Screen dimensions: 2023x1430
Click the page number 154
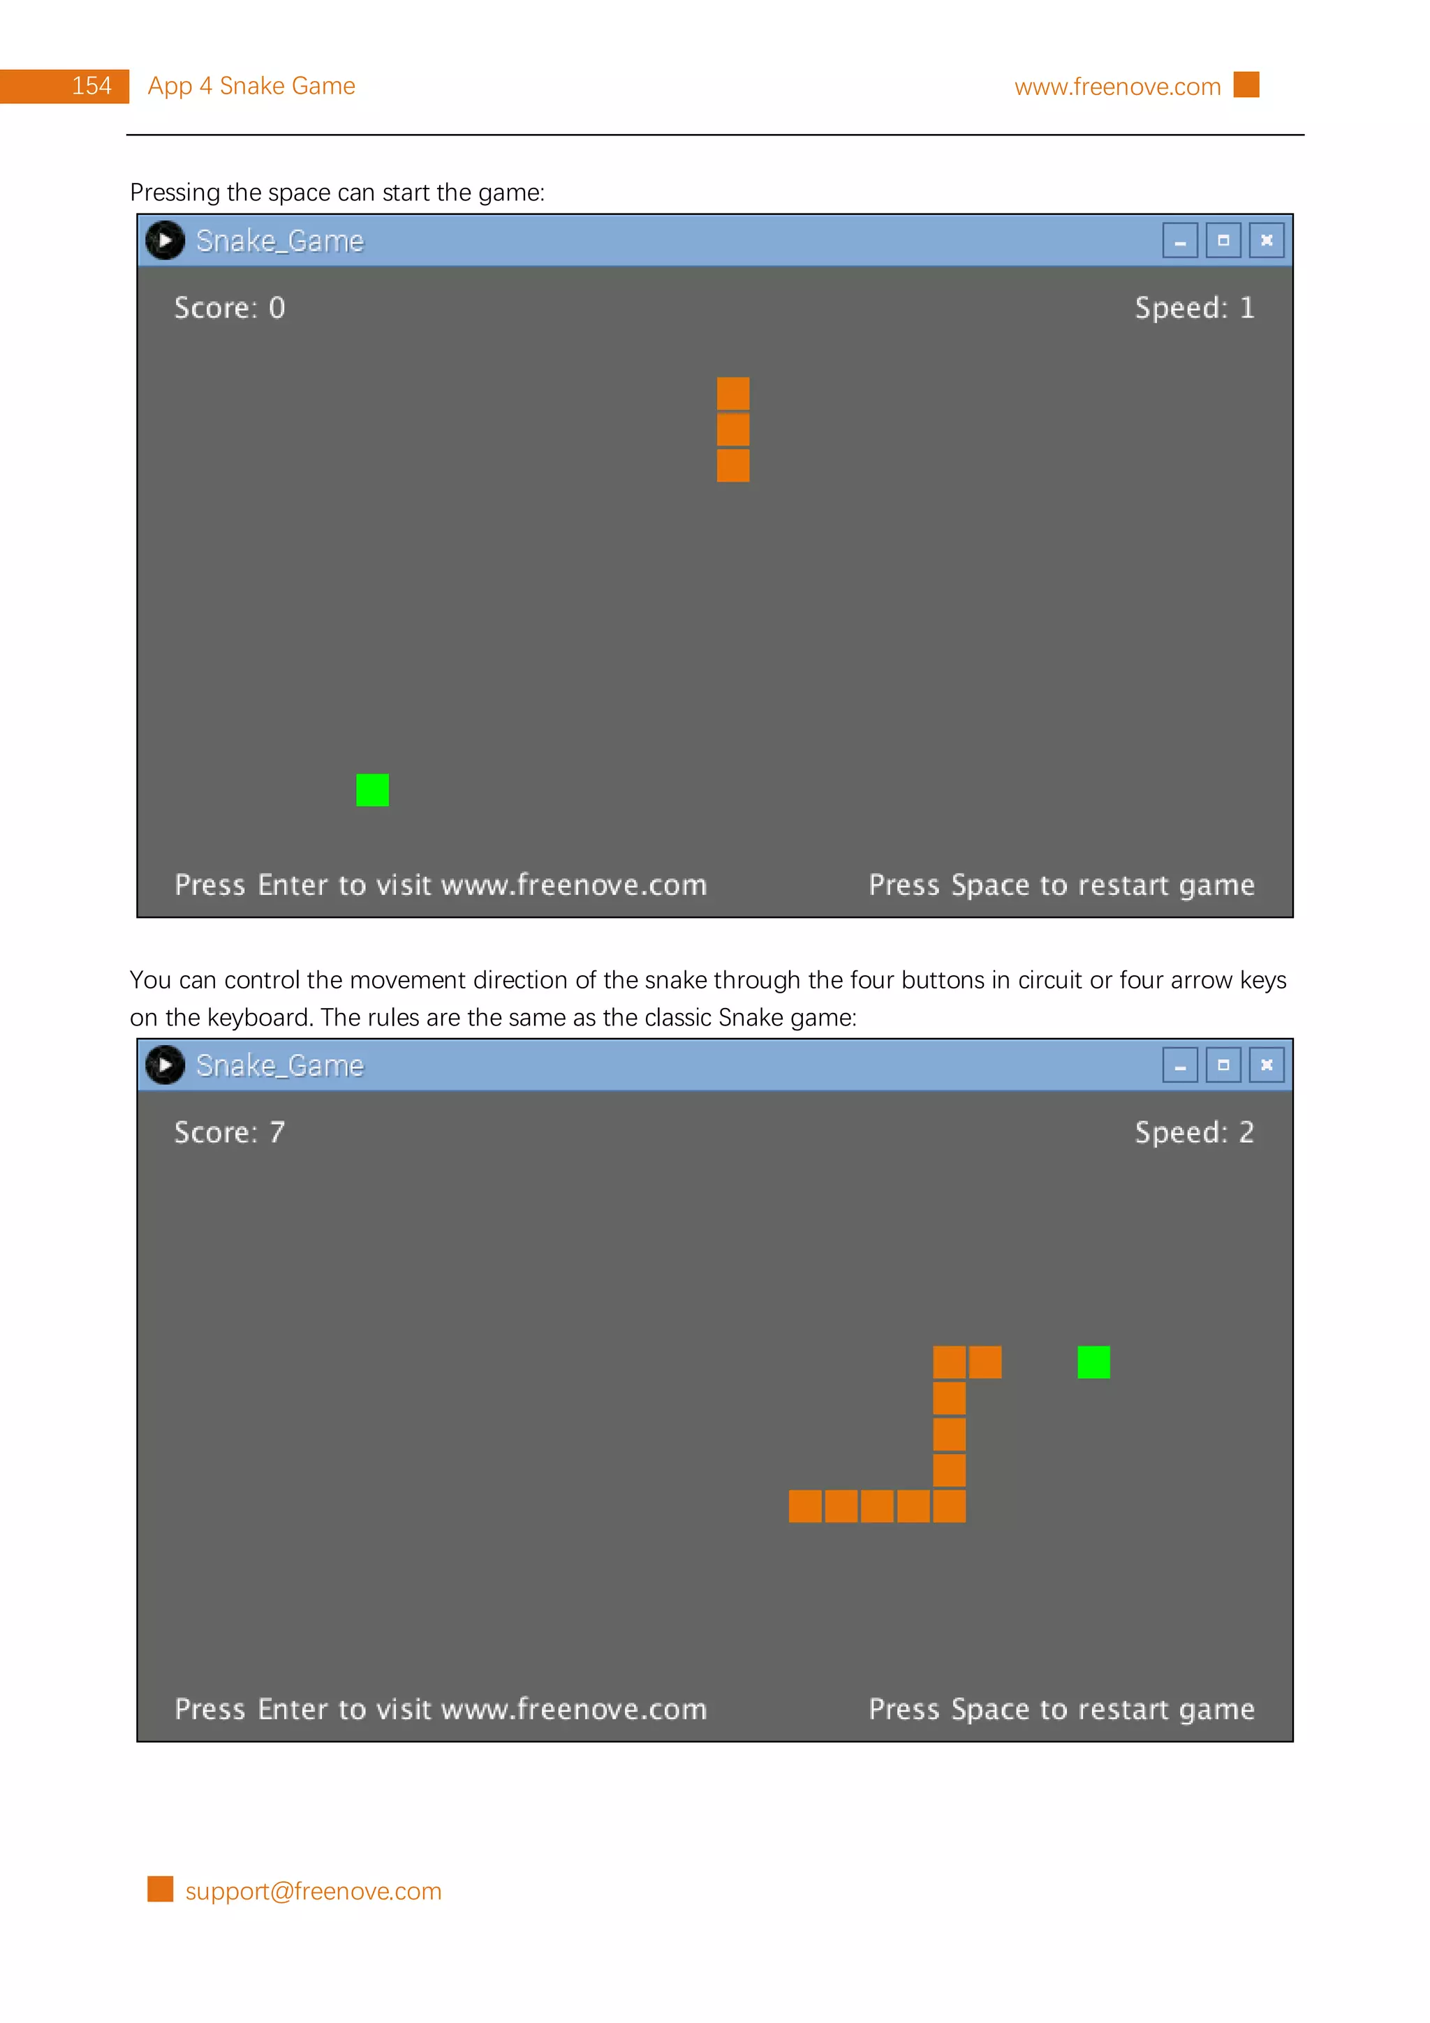click(91, 87)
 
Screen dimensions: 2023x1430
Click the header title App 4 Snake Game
click(251, 87)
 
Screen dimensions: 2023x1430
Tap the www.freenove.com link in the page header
click(1116, 87)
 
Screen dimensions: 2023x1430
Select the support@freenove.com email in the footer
click(313, 1891)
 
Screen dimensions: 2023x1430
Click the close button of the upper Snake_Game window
click(1266, 241)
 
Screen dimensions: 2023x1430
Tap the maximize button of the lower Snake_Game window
click(1223, 1065)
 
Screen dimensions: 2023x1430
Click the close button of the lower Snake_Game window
click(1266, 1065)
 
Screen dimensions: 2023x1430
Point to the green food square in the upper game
click(372, 790)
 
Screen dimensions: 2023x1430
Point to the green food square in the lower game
click(1093, 1362)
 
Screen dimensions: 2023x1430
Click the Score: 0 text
click(229, 308)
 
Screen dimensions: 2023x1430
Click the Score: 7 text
click(229, 1132)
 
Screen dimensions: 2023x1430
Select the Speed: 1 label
click(1194, 308)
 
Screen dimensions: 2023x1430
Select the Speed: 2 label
click(1194, 1132)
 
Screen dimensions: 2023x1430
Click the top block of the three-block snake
click(733, 393)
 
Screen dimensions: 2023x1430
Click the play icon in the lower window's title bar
click(165, 1065)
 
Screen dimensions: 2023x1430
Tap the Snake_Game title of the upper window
click(279, 242)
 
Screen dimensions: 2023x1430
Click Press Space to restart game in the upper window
click(1061, 884)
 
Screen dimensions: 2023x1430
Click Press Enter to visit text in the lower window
click(441, 1710)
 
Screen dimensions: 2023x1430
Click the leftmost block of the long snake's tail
click(804, 1506)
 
